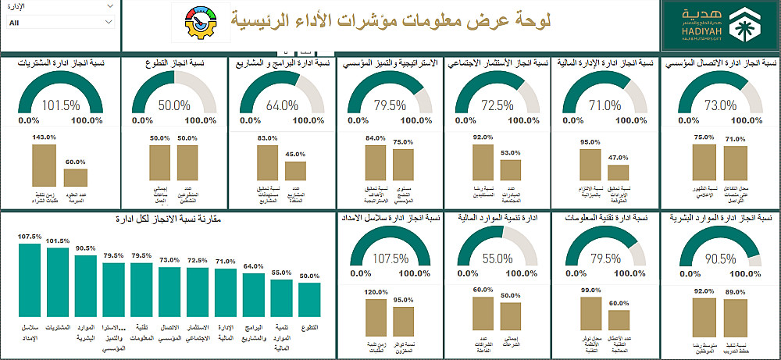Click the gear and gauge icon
(x=202, y=25)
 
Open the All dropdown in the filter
(x=61, y=23)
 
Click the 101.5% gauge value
(x=61, y=105)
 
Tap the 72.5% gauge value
(x=497, y=105)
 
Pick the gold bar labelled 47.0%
(x=618, y=173)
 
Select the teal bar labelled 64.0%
(x=253, y=291)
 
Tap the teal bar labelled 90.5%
(x=86, y=283)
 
